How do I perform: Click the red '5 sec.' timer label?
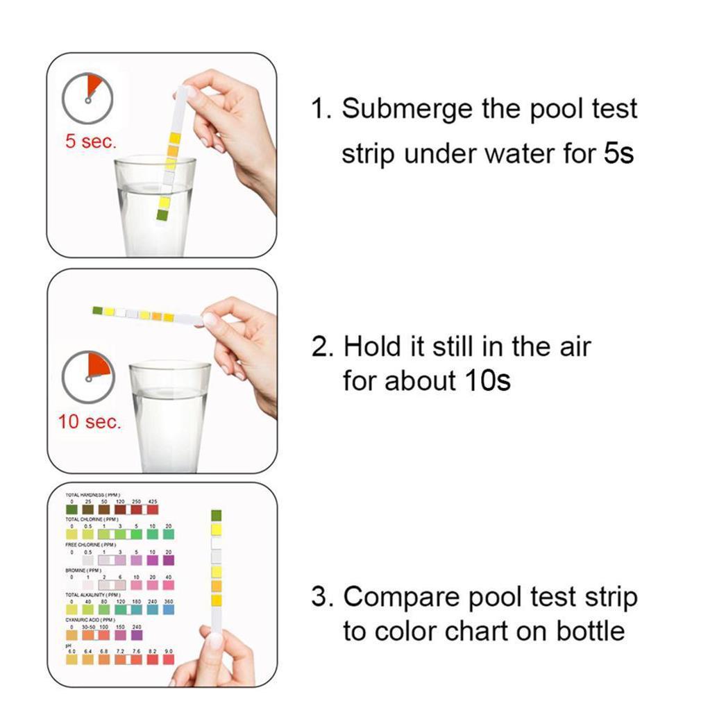point(90,142)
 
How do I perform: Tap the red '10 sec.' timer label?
point(89,421)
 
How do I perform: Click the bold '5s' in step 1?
point(618,152)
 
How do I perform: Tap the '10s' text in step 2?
point(484,380)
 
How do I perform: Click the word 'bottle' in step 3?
point(590,631)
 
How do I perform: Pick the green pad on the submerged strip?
point(162,214)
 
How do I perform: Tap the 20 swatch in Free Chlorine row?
point(169,559)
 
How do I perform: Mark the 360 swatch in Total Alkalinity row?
point(169,609)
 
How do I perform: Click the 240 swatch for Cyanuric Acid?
point(136,634)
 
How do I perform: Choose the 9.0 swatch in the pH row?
point(169,659)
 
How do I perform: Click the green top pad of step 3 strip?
point(216,515)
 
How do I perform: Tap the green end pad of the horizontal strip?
point(98,310)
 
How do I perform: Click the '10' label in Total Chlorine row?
point(153,526)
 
